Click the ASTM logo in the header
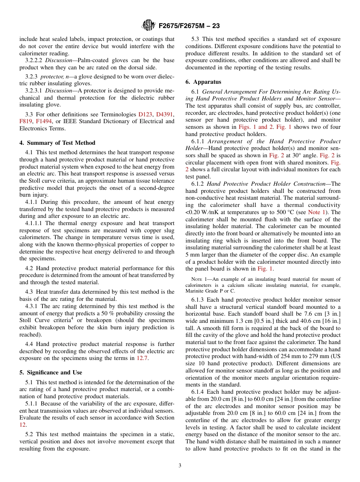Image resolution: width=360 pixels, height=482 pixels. click(x=148, y=26)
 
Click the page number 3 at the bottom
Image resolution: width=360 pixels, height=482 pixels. click(x=180, y=466)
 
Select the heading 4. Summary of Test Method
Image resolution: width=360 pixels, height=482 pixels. click(x=57, y=143)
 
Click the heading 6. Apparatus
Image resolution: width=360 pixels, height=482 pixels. click(x=203, y=82)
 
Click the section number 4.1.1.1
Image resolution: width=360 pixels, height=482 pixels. click(x=34, y=224)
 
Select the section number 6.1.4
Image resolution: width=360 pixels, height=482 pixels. click(x=198, y=392)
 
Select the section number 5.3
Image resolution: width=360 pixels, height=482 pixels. click(x=196, y=39)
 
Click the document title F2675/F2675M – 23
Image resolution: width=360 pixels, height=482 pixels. click(x=189, y=26)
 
